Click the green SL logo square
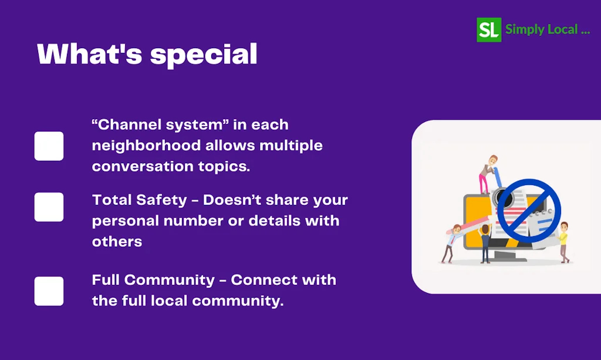[489, 29]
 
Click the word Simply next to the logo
[524, 29]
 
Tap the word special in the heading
[204, 55]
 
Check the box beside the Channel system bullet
[49, 146]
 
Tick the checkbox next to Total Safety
[49, 207]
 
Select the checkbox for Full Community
[49, 291]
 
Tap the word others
[117, 241]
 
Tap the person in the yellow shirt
[563, 241]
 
